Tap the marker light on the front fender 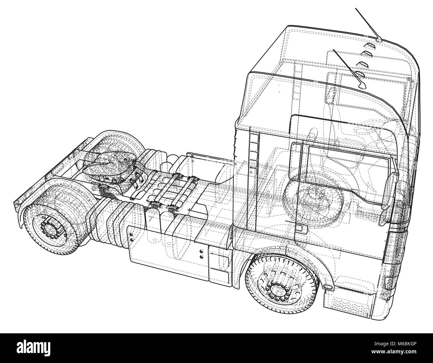(328, 287)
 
